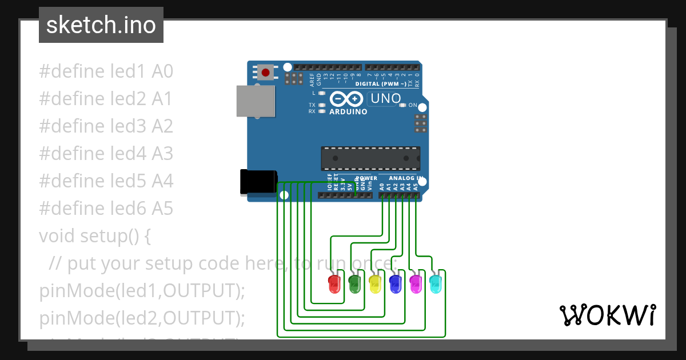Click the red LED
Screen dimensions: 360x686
[334, 284]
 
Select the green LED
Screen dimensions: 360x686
[354, 284]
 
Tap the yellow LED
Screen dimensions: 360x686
[375, 284]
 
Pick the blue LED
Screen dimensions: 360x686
[395, 284]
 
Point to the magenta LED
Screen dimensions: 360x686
[416, 284]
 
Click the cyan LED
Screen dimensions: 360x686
[436, 284]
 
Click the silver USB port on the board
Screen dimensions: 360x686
[255, 101]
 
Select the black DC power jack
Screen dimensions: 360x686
[258, 182]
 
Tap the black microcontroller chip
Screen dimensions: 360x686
[370, 158]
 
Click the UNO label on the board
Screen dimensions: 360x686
[385, 98]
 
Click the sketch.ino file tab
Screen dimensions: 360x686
[101, 25]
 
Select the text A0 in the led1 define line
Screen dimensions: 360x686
[162, 71]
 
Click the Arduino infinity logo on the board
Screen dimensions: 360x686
[347, 99]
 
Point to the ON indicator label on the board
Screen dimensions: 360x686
[412, 105]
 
